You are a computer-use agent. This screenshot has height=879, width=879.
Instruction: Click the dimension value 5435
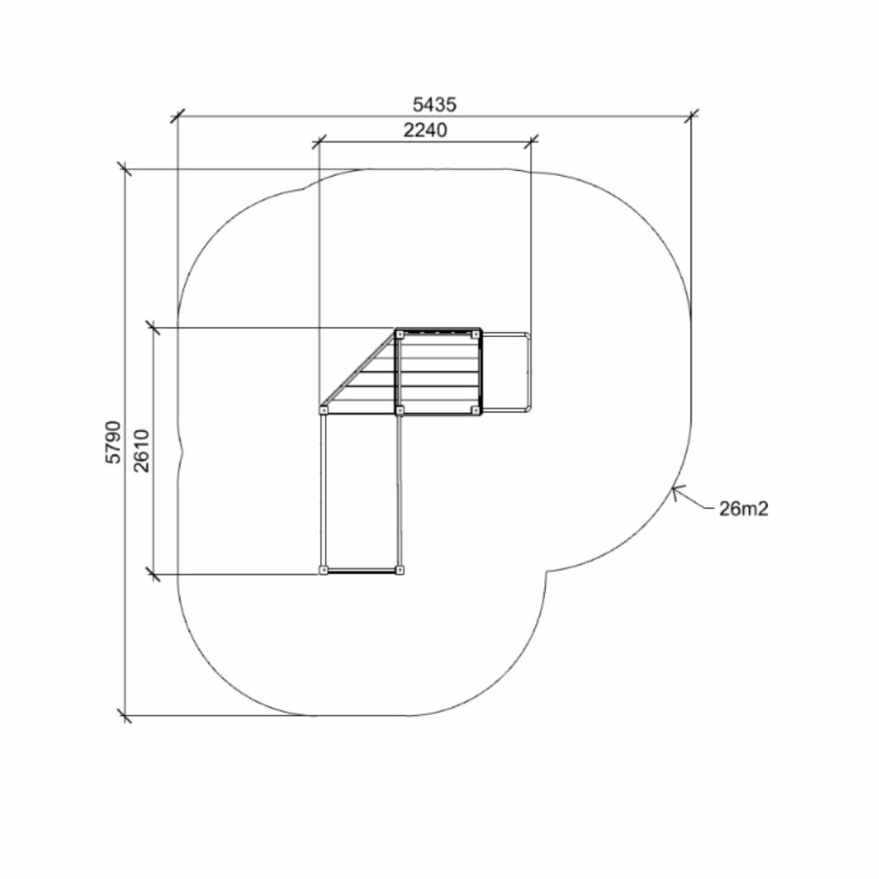point(435,105)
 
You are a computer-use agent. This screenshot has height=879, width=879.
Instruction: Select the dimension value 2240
point(426,130)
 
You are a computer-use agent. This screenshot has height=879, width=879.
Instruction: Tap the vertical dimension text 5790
point(113,441)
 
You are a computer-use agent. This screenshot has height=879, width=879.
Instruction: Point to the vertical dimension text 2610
point(142,450)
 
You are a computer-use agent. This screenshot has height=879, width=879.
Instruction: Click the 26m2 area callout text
point(744,509)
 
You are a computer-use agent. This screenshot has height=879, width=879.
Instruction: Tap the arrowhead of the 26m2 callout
point(675,491)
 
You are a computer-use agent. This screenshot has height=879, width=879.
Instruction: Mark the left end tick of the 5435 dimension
point(177,116)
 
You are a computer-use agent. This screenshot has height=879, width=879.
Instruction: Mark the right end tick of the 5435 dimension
point(691,116)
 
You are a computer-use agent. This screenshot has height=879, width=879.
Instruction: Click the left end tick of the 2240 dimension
point(319,142)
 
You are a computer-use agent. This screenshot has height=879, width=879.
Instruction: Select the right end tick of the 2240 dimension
point(531,142)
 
